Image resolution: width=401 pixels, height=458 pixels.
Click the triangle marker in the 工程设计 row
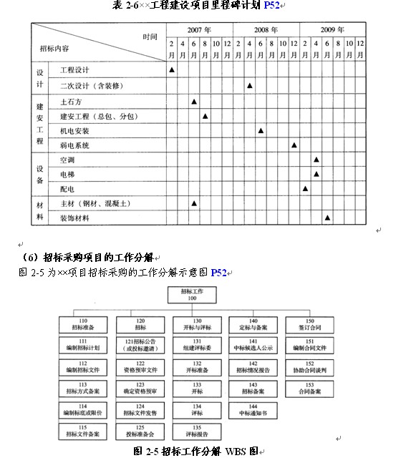[x=172, y=69]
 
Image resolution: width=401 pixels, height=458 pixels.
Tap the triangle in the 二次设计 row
[x=249, y=85]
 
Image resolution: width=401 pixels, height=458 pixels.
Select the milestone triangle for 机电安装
[x=261, y=131]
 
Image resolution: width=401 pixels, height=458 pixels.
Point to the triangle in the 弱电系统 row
[x=294, y=145]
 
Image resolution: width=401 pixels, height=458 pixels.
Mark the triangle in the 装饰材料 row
[x=327, y=218]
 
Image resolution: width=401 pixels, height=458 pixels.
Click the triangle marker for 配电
[x=305, y=189]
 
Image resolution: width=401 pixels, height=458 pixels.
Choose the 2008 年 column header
[x=266, y=31]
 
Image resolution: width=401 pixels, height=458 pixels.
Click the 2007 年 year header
[x=199, y=31]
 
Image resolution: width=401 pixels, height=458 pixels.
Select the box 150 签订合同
[x=308, y=324]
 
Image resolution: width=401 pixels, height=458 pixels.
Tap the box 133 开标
[x=196, y=389]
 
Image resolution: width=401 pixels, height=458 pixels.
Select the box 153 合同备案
[x=308, y=389]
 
